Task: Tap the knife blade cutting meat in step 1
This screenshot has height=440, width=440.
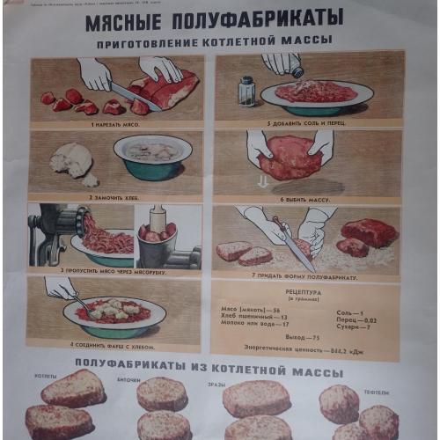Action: click(132, 96)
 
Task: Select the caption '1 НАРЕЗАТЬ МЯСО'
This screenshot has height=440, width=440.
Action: click(117, 125)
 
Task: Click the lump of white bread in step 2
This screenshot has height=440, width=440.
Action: click(70, 161)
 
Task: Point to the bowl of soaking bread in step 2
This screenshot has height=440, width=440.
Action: click(152, 157)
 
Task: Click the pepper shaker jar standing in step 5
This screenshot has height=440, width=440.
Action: click(246, 91)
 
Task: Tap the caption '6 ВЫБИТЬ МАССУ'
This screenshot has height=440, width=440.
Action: click(305, 200)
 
